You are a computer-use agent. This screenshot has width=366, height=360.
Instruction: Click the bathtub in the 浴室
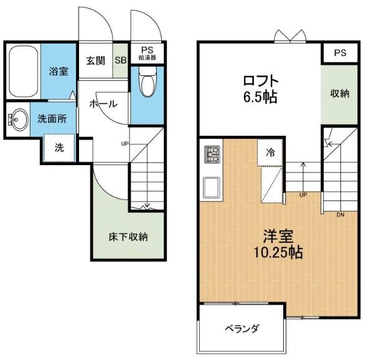pyautogui.click(x=24, y=71)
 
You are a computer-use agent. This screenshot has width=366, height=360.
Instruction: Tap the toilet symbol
pyautogui.click(x=148, y=82)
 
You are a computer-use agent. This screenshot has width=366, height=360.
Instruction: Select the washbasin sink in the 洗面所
pyautogui.click(x=17, y=120)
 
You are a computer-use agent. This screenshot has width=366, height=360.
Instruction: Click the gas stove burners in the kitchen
pyautogui.click(x=212, y=154)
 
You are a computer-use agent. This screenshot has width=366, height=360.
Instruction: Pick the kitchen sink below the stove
pyautogui.click(x=212, y=187)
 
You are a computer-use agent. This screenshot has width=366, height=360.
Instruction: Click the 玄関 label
pyautogui.click(x=96, y=61)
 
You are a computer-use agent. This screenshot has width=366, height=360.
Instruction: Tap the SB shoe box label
pyautogui.click(x=121, y=60)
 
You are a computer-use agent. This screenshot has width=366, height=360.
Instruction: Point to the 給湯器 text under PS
pyautogui.click(x=148, y=58)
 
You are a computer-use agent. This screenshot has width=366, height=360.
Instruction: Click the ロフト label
pyautogui.click(x=261, y=81)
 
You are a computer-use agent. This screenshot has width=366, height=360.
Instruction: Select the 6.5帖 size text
pyautogui.click(x=260, y=97)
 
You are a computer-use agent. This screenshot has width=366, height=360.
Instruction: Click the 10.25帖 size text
pyautogui.click(x=278, y=252)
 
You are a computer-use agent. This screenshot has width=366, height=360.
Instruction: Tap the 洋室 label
pyautogui.click(x=278, y=237)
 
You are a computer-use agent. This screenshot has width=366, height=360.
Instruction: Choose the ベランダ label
pyautogui.click(x=242, y=329)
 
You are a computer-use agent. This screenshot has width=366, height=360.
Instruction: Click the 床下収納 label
pyautogui.click(x=128, y=237)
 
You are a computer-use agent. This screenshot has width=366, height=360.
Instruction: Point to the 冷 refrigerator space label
pyautogui.click(x=270, y=153)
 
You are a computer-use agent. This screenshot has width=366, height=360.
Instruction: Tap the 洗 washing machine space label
pyautogui.click(x=59, y=148)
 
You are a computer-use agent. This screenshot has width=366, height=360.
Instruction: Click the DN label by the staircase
pyautogui.click(x=340, y=215)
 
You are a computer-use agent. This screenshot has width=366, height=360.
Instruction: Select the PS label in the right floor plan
pyautogui.click(x=340, y=53)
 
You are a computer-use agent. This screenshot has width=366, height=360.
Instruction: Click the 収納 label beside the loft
pyautogui.click(x=339, y=93)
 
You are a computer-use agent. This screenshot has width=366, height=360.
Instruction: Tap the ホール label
pyautogui.click(x=103, y=104)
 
